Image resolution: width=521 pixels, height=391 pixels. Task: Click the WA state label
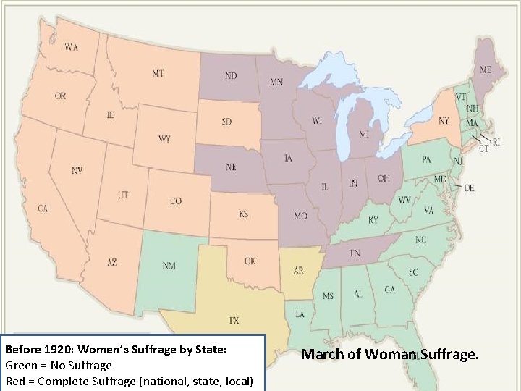(72, 48)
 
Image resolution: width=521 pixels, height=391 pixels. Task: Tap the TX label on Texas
(234, 319)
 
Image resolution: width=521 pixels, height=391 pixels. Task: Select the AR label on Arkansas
(298, 271)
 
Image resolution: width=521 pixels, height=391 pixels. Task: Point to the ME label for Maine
(485, 70)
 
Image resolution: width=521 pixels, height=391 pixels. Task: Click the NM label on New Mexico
(169, 266)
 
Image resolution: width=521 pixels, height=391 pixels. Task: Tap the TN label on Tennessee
(355, 253)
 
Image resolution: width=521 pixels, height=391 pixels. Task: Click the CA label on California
(43, 209)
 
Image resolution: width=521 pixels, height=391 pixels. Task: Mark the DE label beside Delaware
(469, 188)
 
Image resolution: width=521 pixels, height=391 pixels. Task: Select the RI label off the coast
(496, 142)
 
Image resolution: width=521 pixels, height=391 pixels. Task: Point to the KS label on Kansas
(244, 214)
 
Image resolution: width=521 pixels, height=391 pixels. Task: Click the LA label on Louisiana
(298, 314)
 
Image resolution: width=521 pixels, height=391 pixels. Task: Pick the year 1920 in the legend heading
(53, 350)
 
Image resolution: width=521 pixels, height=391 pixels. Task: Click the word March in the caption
(321, 354)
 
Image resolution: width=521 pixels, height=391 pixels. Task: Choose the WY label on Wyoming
(164, 138)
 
